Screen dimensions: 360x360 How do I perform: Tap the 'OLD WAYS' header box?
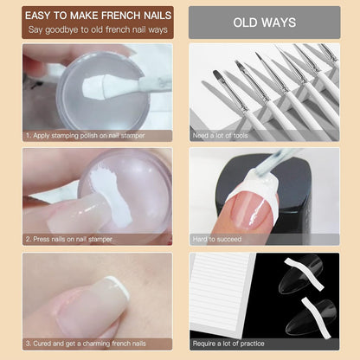(264, 22)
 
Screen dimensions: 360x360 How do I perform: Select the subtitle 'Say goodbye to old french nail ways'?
(92, 31)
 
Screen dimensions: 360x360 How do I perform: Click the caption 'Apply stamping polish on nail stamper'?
(87, 135)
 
